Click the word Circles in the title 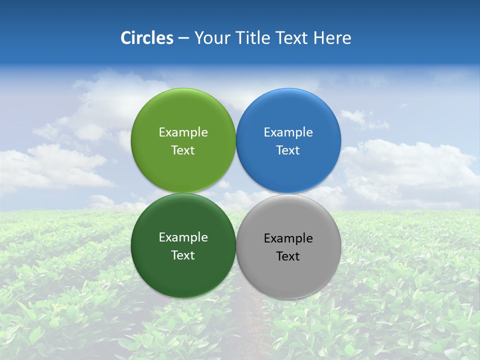147,38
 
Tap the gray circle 288,275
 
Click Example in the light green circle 183,132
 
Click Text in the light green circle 183,150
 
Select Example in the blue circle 288,132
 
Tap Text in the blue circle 288,150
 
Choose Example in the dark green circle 183,237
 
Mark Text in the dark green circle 183,255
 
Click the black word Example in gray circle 288,238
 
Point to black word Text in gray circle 288,256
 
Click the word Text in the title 292,38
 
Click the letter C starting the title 125,38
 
